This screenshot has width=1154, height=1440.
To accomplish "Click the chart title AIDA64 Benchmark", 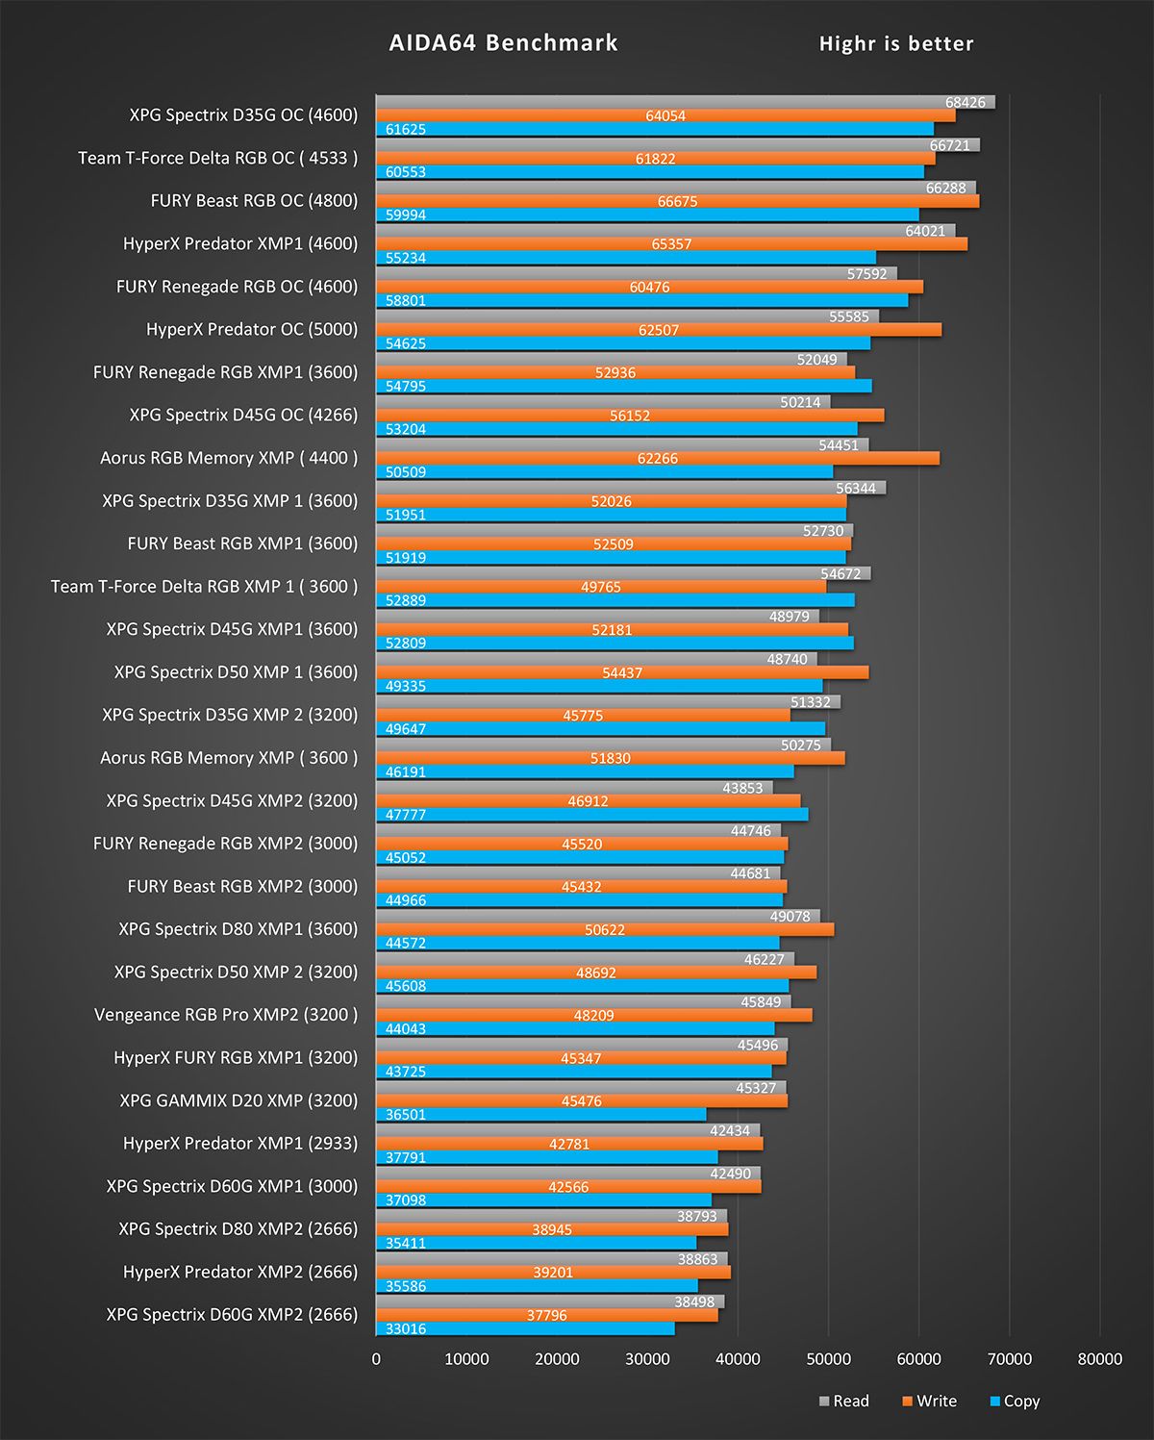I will pos(503,43).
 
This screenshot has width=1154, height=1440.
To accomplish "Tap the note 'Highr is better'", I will pos(895,43).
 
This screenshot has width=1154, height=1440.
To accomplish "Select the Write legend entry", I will pos(929,1401).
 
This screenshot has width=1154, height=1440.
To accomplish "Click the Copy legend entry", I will pos(1015,1401).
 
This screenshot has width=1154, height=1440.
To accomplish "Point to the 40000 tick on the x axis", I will pos(738,1358).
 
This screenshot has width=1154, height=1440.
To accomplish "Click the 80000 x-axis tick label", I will pos(1099,1358).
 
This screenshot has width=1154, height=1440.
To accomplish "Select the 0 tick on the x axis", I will pos(376,1358).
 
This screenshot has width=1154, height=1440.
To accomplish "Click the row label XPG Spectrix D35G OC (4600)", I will pos(243,115).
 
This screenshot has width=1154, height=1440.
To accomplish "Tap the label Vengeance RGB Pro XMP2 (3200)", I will pos(226,1015).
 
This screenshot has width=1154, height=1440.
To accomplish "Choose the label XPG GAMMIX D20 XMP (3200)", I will pos(238,1100).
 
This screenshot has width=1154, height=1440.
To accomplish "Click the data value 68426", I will pos(965,102).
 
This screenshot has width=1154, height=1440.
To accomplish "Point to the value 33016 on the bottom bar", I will pos(406,1328).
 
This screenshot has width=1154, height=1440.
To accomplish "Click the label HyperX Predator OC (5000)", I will pos(252,329).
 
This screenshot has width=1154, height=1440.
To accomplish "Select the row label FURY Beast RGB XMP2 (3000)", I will pos(242,886).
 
